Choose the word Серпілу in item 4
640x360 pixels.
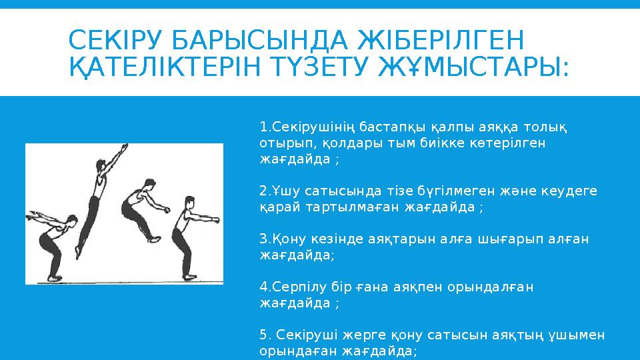294,287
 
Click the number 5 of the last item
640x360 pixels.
263,335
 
